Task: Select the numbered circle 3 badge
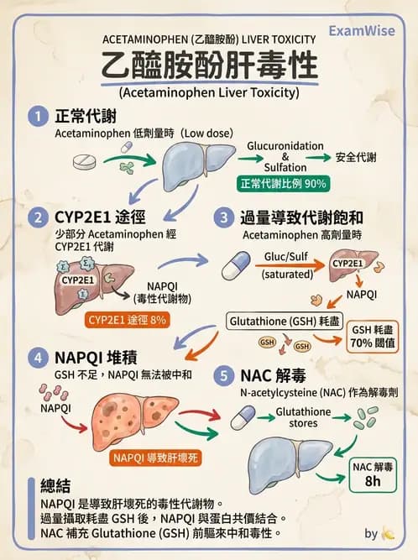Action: [x=223, y=217]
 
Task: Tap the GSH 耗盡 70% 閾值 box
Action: [x=368, y=337]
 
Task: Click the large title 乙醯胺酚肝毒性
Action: [x=209, y=66]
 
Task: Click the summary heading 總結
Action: [x=58, y=486]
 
